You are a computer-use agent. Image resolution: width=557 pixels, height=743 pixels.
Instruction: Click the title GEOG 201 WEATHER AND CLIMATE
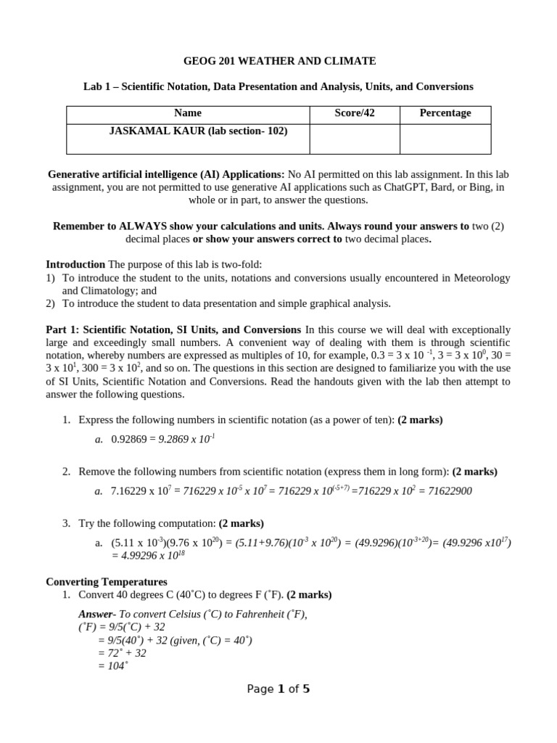pyautogui.click(x=278, y=61)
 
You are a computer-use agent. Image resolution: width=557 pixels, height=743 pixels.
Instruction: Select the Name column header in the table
pyautogui.click(x=188, y=113)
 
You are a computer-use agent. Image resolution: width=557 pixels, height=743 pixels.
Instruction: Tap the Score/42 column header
pyautogui.click(x=355, y=113)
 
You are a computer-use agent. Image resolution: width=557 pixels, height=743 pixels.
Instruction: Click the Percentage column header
pyautogui.click(x=445, y=113)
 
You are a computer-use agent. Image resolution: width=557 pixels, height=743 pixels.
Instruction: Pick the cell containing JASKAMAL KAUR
pyautogui.click(x=188, y=131)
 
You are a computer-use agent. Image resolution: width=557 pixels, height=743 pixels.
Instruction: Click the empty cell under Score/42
pyautogui.click(x=355, y=139)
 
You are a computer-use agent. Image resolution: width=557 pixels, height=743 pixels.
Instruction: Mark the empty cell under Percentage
pyautogui.click(x=445, y=139)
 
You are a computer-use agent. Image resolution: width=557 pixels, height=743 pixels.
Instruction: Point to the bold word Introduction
pyautogui.click(x=75, y=265)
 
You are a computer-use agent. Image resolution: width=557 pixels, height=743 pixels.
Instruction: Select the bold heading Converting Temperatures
pyautogui.click(x=107, y=582)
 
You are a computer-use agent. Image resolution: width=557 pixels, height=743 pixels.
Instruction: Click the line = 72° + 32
pyautogui.click(x=122, y=653)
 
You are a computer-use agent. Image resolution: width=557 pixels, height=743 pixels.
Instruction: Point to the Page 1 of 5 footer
pyautogui.click(x=278, y=689)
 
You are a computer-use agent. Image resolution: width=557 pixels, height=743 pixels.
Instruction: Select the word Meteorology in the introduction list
pyautogui.click(x=483, y=278)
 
